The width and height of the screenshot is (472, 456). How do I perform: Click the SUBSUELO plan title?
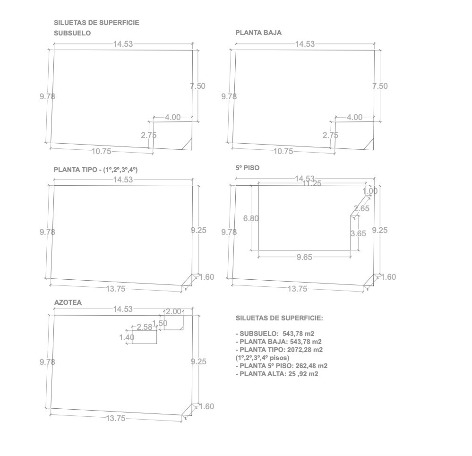pos(72,33)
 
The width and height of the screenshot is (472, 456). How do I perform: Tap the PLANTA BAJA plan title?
pos(258,33)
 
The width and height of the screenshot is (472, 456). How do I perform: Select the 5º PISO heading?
pos(248,168)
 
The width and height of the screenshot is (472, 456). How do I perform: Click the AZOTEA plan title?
pos(68,302)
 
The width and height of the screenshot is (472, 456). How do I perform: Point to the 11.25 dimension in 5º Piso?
pos(312,183)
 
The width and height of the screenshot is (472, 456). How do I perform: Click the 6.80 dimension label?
pos(251,218)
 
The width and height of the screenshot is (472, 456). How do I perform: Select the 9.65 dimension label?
pos(304,257)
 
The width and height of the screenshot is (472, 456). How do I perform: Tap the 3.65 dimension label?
pos(358,233)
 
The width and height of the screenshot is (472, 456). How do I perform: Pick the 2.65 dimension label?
pos(361,208)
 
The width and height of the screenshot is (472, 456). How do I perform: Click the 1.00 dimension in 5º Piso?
pos(370,191)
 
